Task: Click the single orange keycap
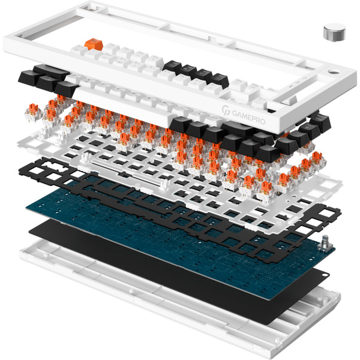pos(94,44)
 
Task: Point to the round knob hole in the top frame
pos(334,73)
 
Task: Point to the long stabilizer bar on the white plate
pos(128,170)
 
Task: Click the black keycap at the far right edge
pos(320,121)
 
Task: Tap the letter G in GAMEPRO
pos(235,113)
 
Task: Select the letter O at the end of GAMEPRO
pos(262,121)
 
